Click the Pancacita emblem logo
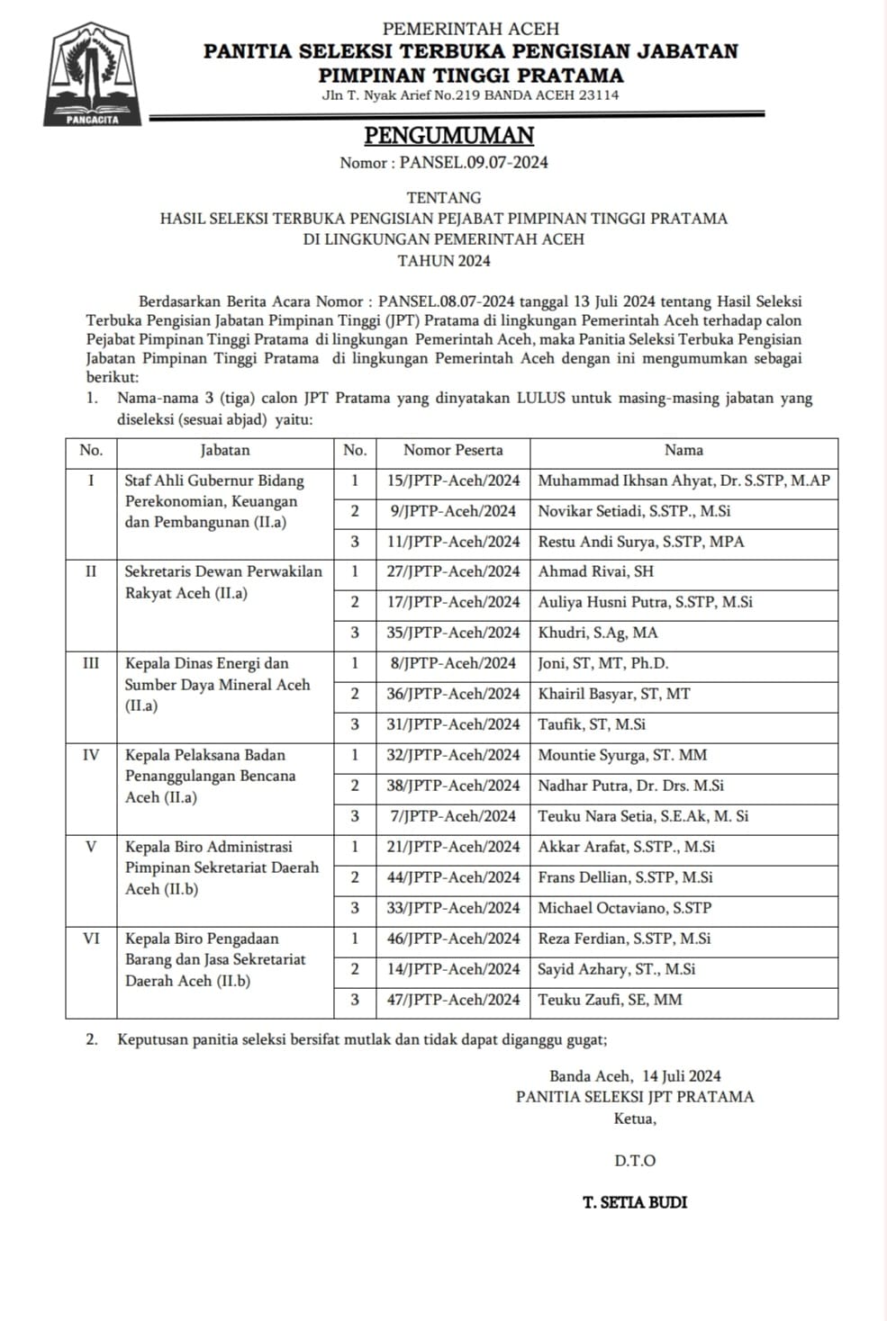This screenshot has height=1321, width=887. pyautogui.click(x=93, y=75)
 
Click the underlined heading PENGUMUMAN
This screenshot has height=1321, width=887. pyautogui.click(x=448, y=136)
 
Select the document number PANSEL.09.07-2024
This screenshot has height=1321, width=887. pyautogui.click(x=474, y=163)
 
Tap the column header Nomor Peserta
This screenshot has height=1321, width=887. pyautogui.click(x=453, y=450)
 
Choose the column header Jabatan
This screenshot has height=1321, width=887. pyautogui.click(x=225, y=450)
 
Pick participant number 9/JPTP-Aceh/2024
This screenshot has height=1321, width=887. pyautogui.click(x=453, y=511)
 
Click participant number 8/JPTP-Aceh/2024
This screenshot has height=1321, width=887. pyautogui.click(x=453, y=663)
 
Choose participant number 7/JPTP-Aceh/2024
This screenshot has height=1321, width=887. pyautogui.click(x=453, y=816)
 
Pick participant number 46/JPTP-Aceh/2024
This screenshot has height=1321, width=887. pyautogui.click(x=453, y=939)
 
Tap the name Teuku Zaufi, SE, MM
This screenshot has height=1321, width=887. pyautogui.click(x=610, y=1000)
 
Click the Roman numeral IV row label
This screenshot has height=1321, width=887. pyautogui.click(x=91, y=755)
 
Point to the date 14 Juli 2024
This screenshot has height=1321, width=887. pyautogui.click(x=682, y=1076)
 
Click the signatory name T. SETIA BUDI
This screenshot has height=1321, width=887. pyautogui.click(x=635, y=1202)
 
